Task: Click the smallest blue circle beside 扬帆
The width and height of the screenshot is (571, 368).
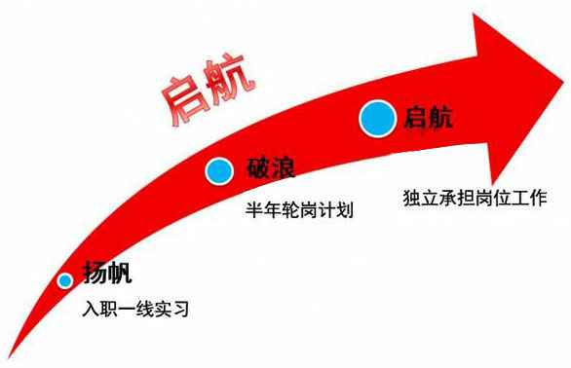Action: [65, 280]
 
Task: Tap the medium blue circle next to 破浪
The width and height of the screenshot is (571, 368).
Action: [219, 171]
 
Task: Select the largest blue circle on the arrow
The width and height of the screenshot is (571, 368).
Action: [378, 119]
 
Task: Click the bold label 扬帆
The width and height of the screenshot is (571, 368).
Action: [107, 272]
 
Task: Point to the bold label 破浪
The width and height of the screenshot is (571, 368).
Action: [271, 167]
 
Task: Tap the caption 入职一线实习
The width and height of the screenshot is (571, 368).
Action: [135, 309]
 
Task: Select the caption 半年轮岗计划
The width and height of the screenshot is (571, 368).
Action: [299, 210]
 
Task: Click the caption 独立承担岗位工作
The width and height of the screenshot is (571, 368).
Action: [475, 198]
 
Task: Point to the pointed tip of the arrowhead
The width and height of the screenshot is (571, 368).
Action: [564, 82]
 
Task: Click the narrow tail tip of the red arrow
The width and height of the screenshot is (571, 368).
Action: [9, 357]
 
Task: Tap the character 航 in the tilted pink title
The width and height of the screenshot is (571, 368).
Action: [229, 79]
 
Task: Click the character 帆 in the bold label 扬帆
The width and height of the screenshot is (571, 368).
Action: [120, 272]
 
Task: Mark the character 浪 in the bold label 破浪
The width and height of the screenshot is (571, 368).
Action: [283, 167]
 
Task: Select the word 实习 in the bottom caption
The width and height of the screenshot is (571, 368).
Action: [171, 309]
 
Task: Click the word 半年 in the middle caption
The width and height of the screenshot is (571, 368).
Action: [264, 210]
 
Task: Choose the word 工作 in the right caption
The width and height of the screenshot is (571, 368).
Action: [529, 198]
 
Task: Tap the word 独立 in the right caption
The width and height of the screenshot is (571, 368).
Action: [421, 198]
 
